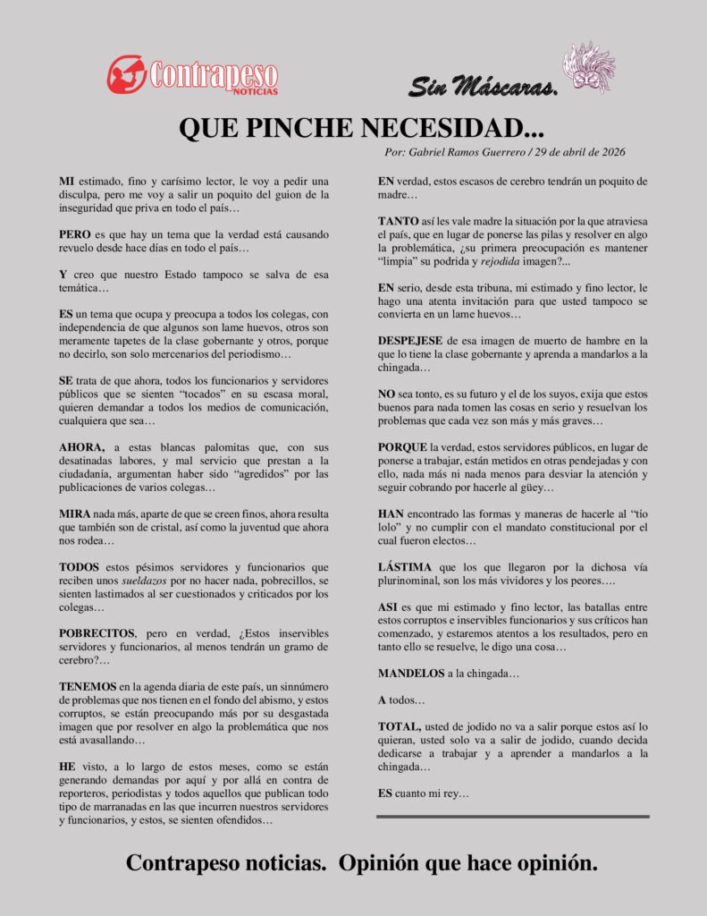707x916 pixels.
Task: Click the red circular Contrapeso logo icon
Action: [126, 74]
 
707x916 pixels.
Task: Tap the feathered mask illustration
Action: [588, 67]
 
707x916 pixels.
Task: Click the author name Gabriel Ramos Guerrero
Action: [470, 152]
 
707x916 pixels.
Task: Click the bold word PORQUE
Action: [402, 446]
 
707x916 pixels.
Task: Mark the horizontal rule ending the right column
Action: [512, 817]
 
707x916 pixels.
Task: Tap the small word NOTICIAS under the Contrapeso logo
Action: [256, 90]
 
